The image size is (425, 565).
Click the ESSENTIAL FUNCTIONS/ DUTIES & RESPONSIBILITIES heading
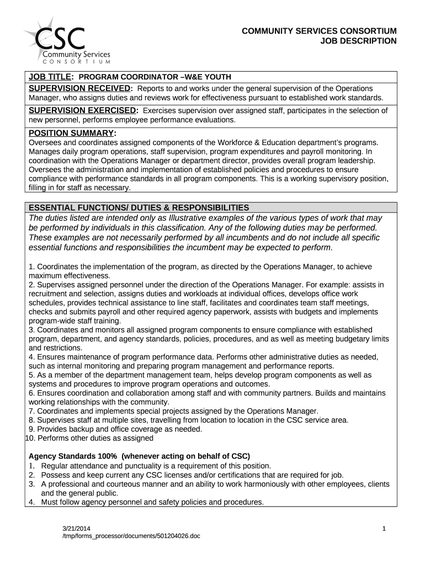click(139, 207)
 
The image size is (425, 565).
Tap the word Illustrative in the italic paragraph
click(193, 217)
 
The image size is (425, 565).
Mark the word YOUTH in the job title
click(217, 77)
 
